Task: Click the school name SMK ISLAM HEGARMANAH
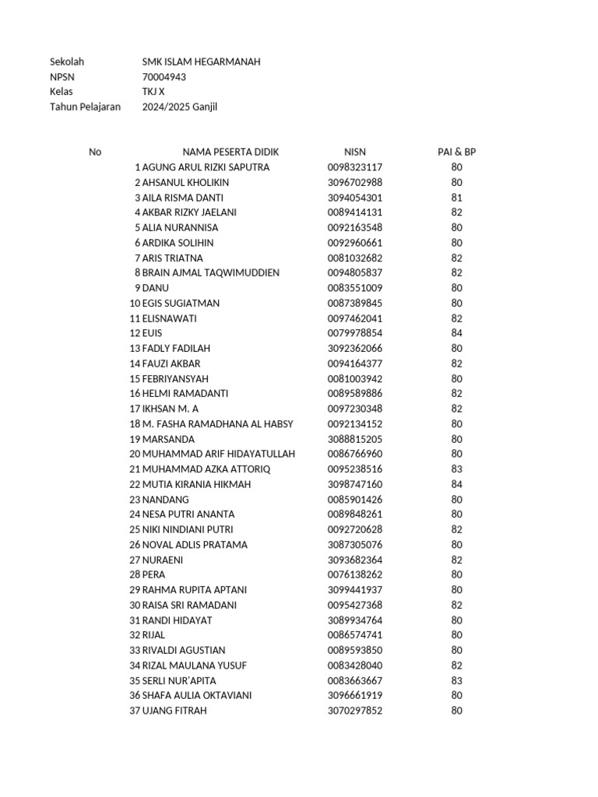pyautogui.click(x=201, y=61)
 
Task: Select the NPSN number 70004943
pyautogui.click(x=164, y=77)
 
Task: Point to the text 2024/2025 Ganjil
pyautogui.click(x=179, y=107)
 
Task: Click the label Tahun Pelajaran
pyautogui.click(x=85, y=107)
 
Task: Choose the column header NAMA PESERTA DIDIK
pyautogui.click(x=230, y=152)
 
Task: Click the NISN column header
pyautogui.click(x=355, y=152)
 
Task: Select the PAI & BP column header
pyautogui.click(x=456, y=152)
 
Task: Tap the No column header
pyautogui.click(x=95, y=152)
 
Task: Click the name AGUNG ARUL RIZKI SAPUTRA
pyautogui.click(x=206, y=167)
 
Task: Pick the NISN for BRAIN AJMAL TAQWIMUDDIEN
pyautogui.click(x=355, y=273)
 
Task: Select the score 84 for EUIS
pyautogui.click(x=456, y=333)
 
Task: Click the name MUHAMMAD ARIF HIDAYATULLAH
pyautogui.click(x=219, y=454)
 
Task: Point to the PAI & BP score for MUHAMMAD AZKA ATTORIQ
pyautogui.click(x=456, y=469)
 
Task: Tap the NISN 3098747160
pyautogui.click(x=355, y=484)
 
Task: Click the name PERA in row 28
pyautogui.click(x=154, y=574)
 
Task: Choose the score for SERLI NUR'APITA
pyautogui.click(x=456, y=680)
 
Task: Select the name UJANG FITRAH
pyautogui.click(x=175, y=711)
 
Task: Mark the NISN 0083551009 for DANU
pyautogui.click(x=355, y=288)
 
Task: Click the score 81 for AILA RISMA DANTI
pyautogui.click(x=456, y=198)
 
